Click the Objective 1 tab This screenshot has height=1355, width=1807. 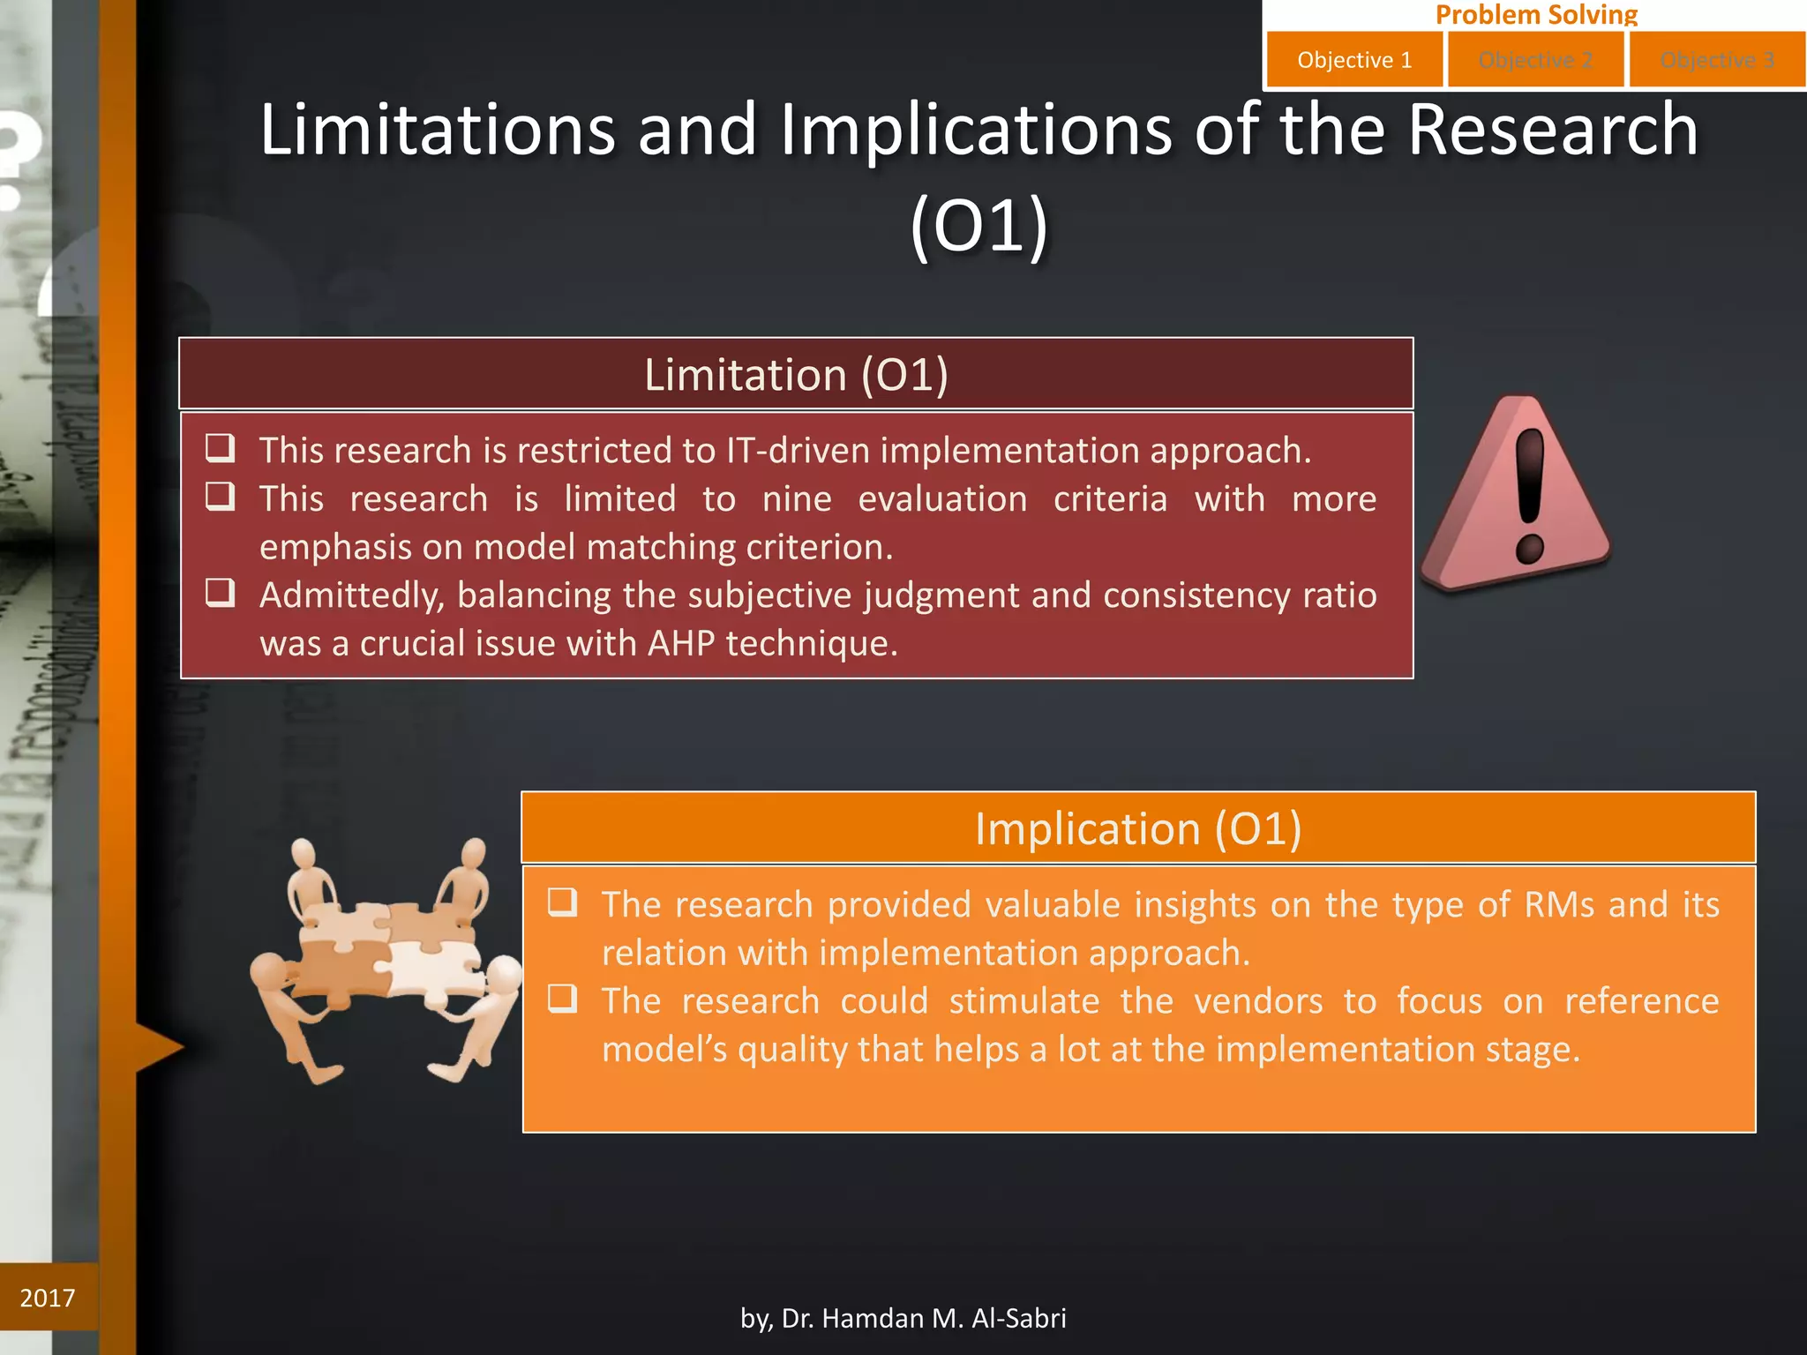(1354, 60)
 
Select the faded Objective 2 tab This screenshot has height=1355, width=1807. (1535, 60)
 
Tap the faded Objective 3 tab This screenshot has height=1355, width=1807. (1717, 60)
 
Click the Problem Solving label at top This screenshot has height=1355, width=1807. (1536, 14)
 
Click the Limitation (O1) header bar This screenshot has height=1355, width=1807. (796, 374)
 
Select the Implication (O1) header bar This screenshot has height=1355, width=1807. (1138, 828)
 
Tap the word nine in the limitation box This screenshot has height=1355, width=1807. (796, 499)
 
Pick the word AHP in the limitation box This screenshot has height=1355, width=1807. (680, 644)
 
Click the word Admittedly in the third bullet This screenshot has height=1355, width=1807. (351, 596)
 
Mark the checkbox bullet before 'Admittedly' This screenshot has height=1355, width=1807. (220, 593)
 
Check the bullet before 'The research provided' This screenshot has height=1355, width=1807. (562, 902)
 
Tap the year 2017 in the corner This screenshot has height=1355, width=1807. (48, 1298)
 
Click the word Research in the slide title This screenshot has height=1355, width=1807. (1552, 131)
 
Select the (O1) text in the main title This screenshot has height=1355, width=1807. (978, 227)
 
